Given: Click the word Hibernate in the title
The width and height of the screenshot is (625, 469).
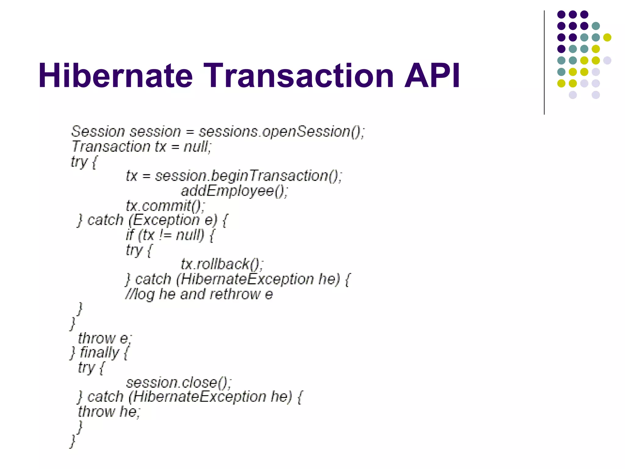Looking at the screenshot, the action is point(115,75).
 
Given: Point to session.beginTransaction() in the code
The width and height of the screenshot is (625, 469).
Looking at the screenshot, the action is point(248,176).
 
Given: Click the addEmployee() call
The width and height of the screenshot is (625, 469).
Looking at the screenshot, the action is point(234,191).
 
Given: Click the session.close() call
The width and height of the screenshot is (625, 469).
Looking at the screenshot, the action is point(179,382).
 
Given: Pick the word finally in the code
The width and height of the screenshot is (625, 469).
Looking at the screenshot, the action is point(99,353).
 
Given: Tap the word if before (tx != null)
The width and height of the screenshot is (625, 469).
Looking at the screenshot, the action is point(130,235).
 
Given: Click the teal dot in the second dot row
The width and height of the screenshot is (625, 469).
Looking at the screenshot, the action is point(596,26).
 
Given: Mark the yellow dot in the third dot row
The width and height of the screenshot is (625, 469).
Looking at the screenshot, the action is point(607,37).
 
